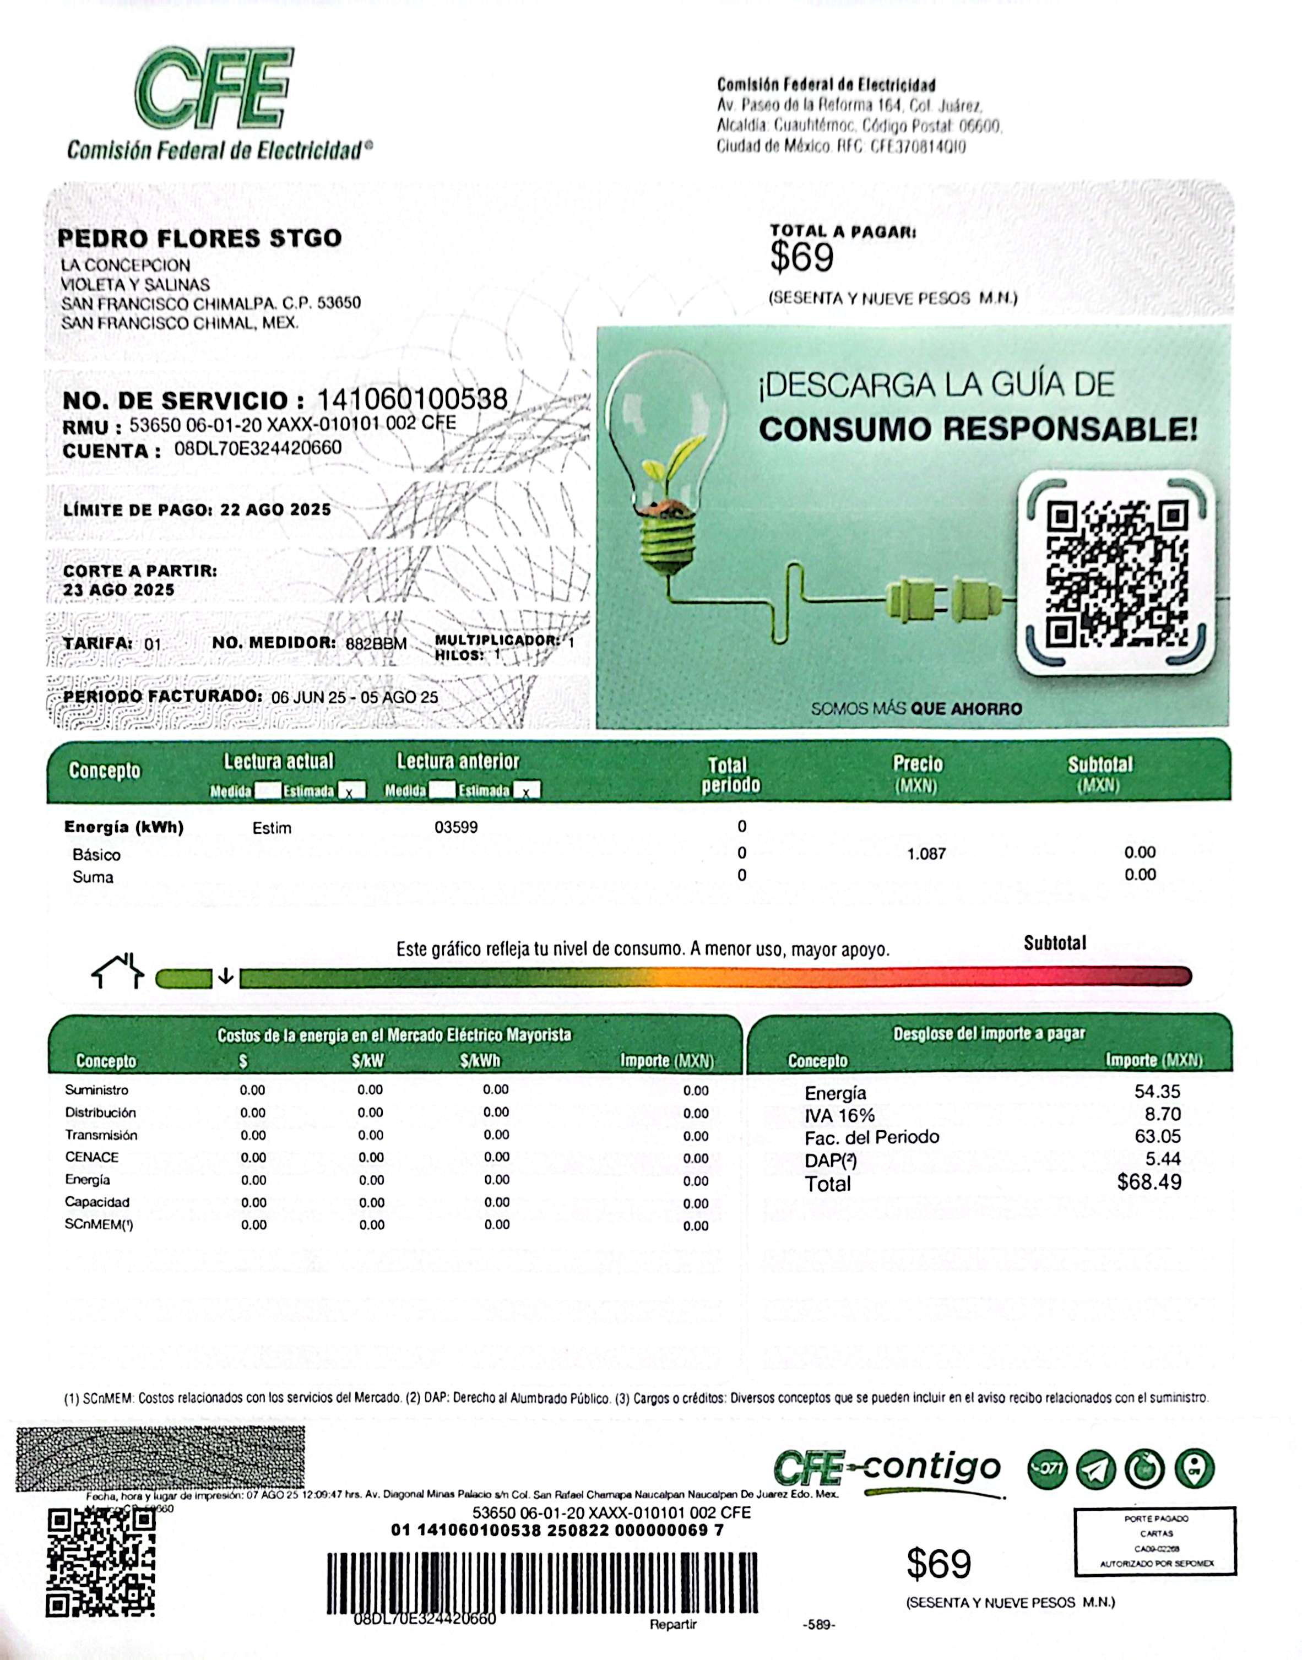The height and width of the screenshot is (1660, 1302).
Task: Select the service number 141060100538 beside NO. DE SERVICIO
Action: pyautogui.click(x=411, y=399)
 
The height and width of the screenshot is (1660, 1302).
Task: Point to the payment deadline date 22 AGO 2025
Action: pyautogui.click(x=275, y=509)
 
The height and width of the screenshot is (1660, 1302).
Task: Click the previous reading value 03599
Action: pyautogui.click(x=456, y=827)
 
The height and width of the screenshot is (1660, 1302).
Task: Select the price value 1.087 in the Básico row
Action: pyautogui.click(x=926, y=854)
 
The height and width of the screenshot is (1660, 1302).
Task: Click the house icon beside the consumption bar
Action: pyautogui.click(x=117, y=971)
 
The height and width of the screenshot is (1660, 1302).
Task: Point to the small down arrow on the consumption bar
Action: pyautogui.click(x=226, y=977)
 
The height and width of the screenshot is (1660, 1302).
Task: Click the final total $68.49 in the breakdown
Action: pyautogui.click(x=1149, y=1182)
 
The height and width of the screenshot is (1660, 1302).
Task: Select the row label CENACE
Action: pyautogui.click(x=91, y=1157)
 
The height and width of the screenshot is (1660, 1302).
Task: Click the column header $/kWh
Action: pyautogui.click(x=480, y=1060)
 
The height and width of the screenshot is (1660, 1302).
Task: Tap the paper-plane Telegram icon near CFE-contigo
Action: pyautogui.click(x=1095, y=1469)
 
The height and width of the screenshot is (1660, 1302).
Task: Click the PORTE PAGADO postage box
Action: pyautogui.click(x=1155, y=1541)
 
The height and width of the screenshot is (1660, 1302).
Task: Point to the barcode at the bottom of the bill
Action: pyautogui.click(x=542, y=1583)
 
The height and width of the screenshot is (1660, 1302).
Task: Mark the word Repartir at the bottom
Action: pyautogui.click(x=673, y=1624)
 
